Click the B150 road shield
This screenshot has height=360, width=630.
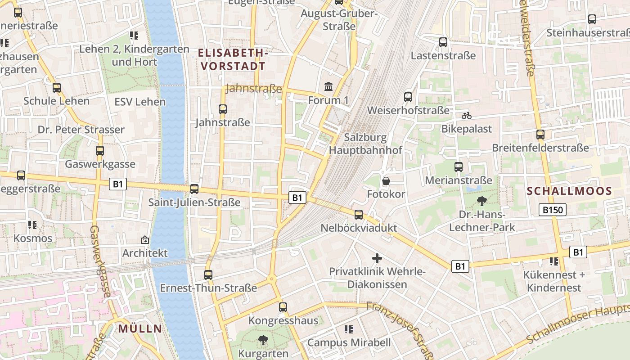(x=553, y=209)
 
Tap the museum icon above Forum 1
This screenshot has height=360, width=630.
(x=328, y=86)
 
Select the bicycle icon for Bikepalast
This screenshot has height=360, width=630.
(x=467, y=116)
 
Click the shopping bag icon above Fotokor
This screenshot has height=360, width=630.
(x=386, y=181)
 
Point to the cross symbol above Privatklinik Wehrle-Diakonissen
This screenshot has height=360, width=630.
(x=377, y=258)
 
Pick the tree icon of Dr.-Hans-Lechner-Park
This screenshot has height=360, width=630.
(x=482, y=201)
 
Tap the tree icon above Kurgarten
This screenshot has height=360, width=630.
(x=263, y=340)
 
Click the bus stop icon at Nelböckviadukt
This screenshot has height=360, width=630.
(x=359, y=214)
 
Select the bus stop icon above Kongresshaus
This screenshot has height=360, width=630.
(x=283, y=307)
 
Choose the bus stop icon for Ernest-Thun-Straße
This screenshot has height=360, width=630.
(x=208, y=274)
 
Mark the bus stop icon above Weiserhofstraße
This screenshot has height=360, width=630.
(x=408, y=97)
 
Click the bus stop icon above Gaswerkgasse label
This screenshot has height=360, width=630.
(x=100, y=151)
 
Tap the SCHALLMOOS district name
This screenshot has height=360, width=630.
(x=569, y=191)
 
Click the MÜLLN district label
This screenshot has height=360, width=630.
(x=140, y=328)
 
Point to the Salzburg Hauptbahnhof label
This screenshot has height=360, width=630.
(x=365, y=144)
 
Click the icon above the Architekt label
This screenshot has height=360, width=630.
(x=145, y=239)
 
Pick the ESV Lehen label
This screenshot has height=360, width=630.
(x=140, y=102)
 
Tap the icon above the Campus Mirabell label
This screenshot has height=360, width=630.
(x=349, y=329)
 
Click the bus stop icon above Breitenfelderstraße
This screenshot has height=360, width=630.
(x=540, y=134)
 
